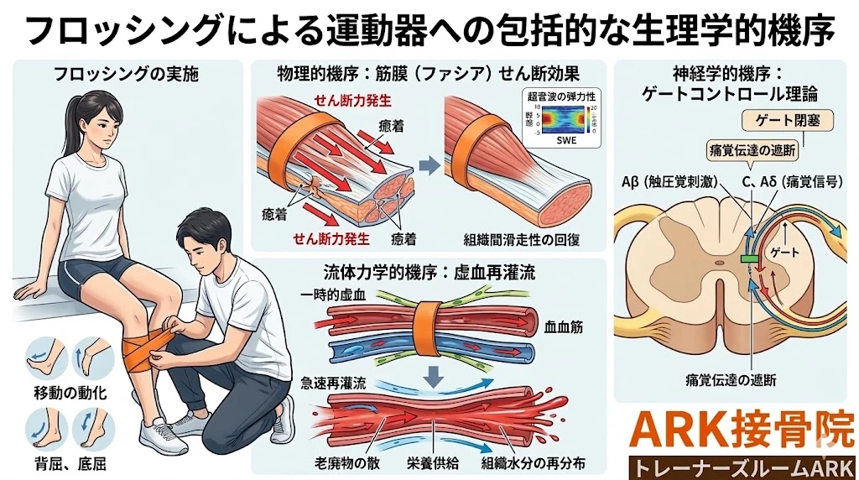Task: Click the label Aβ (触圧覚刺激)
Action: pyautogui.click(x=669, y=180)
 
